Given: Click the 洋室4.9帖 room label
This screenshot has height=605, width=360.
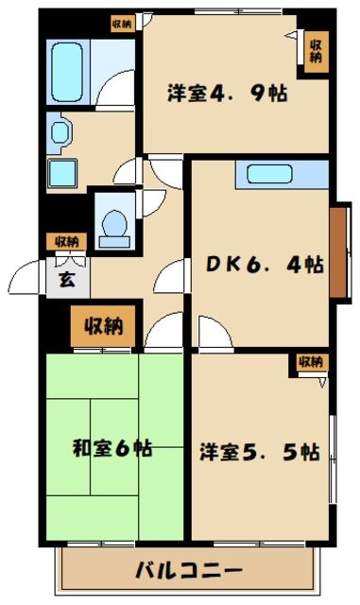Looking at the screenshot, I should pyautogui.click(x=227, y=95).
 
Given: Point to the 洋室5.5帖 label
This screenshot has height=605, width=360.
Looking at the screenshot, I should pyautogui.click(x=258, y=452).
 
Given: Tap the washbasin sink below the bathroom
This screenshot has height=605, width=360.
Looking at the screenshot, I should pyautogui.click(x=64, y=173).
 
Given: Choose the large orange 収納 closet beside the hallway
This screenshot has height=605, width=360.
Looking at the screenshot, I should pyautogui.click(x=105, y=328).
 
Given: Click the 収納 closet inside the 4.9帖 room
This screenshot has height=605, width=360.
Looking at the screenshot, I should pyautogui.click(x=316, y=46).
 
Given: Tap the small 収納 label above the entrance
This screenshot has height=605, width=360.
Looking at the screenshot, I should pyautogui.click(x=65, y=241).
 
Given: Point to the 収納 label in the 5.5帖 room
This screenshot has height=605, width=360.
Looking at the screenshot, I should pyautogui.click(x=311, y=361).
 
